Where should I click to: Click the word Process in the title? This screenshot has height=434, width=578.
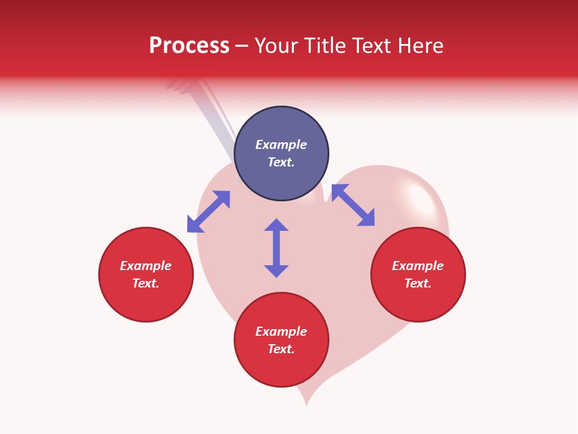pyautogui.click(x=189, y=46)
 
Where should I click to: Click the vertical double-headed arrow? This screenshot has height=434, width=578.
pyautogui.click(x=276, y=248)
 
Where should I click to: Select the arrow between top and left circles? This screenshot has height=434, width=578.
pyautogui.click(x=208, y=212)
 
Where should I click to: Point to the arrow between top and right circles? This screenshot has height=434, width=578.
pyautogui.click(x=353, y=205)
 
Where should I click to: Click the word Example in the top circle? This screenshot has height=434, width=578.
pyautogui.click(x=281, y=145)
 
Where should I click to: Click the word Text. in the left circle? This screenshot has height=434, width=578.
pyautogui.click(x=146, y=283)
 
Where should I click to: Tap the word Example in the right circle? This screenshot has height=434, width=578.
pyautogui.click(x=418, y=266)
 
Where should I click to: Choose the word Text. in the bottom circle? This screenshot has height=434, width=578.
pyautogui.click(x=281, y=349)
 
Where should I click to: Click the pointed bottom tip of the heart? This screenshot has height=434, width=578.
pyautogui.click(x=306, y=403)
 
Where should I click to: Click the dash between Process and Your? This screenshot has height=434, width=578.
pyautogui.click(x=242, y=46)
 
